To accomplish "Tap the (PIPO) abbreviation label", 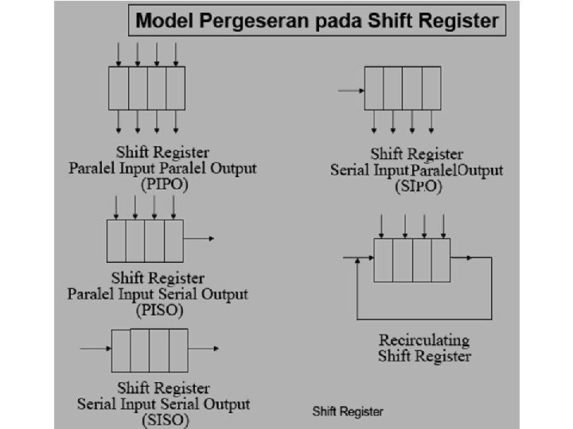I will [x=165, y=184].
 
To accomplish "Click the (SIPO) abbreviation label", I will [x=418, y=187].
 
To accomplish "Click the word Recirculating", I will [x=424, y=340].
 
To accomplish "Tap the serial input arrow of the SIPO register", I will [x=350, y=91].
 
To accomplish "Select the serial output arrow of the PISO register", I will [x=199, y=238].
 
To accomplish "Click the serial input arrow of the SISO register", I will [x=95, y=349].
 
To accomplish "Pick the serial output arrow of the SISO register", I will [x=204, y=349].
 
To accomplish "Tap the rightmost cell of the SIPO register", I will [x=431, y=87].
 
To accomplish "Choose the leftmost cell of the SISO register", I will [x=121, y=350].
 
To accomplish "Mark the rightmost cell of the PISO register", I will [x=173, y=241].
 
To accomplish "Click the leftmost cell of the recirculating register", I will [x=384, y=259].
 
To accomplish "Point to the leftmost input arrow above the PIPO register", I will [x=119, y=54].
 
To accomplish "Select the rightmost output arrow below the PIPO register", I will [x=176, y=121].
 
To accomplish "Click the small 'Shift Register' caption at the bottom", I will [x=348, y=412].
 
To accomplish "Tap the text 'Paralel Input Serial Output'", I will [x=158, y=294].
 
